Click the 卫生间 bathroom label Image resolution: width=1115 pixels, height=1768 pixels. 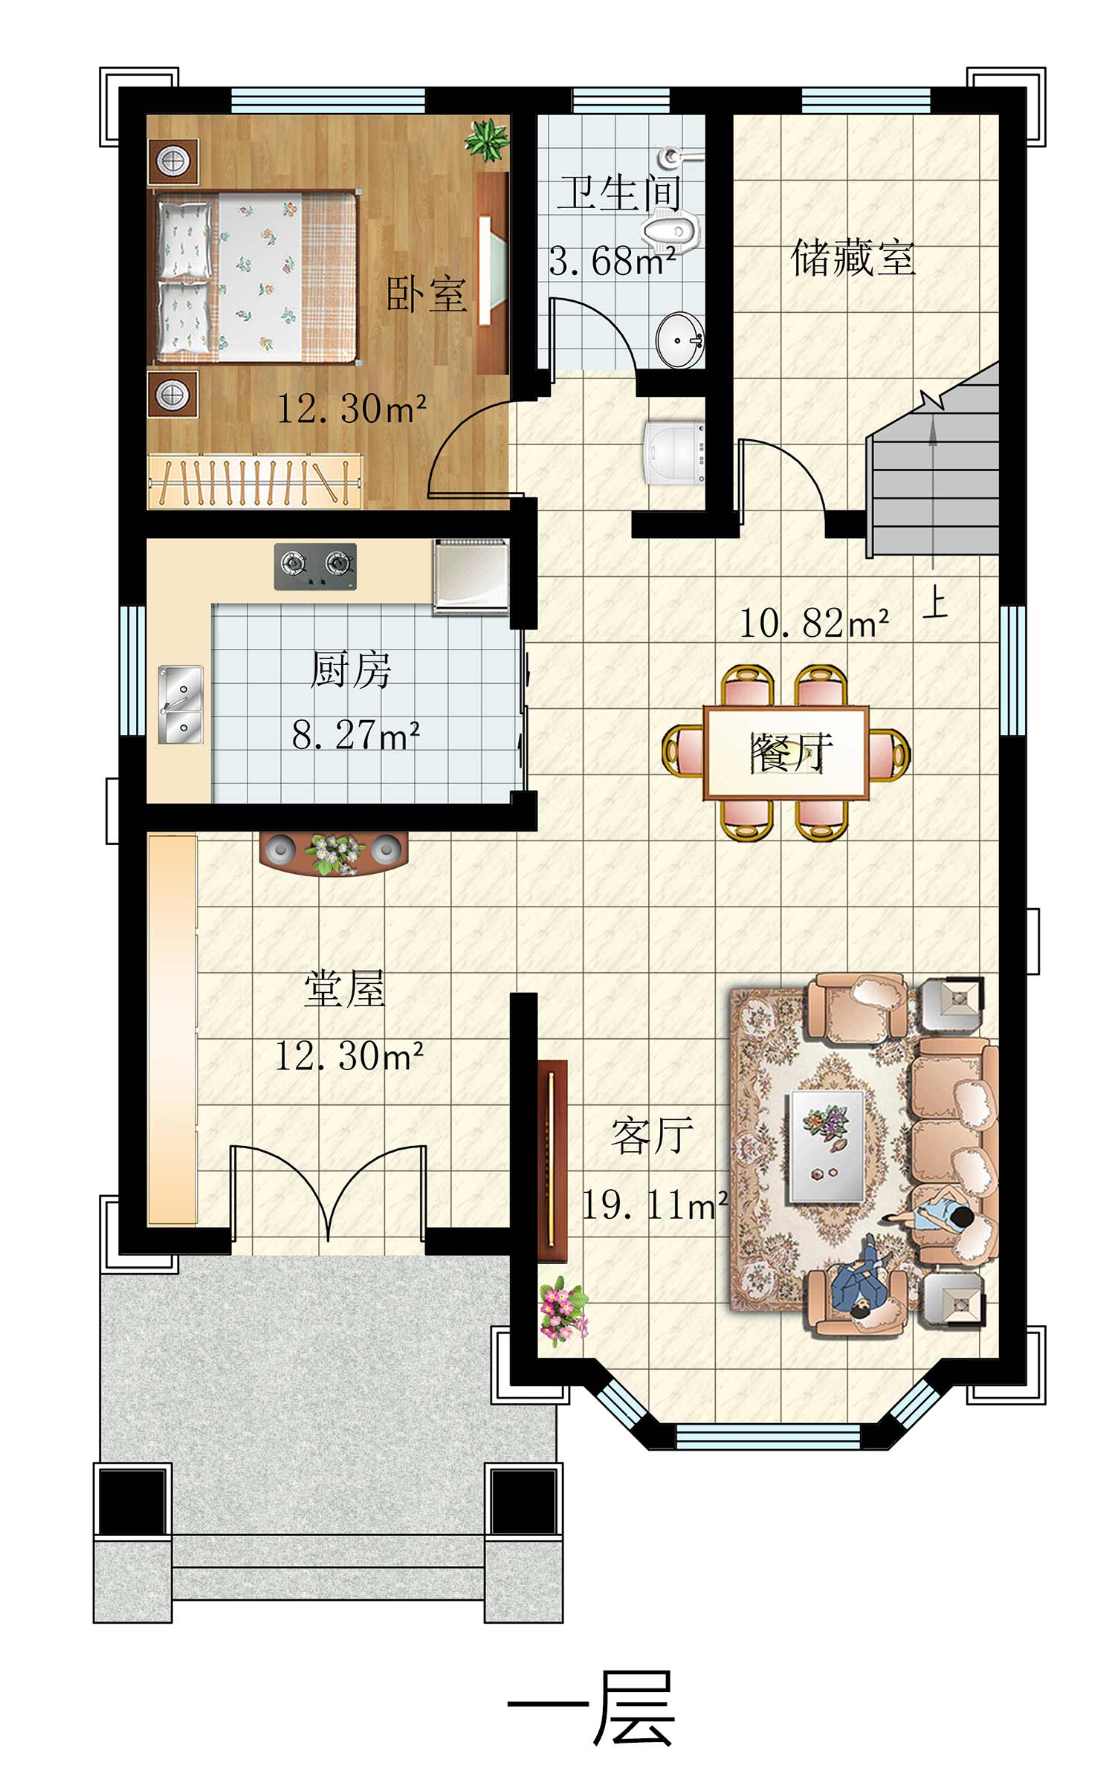[x=619, y=193]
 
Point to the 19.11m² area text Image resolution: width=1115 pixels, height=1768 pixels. [x=653, y=1205]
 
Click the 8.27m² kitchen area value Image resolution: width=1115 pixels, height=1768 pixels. [x=355, y=736]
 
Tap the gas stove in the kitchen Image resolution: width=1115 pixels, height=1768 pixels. [x=315, y=566]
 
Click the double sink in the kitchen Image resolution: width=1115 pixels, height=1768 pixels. [x=180, y=705]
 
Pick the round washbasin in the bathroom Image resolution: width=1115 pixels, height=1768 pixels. [x=679, y=340]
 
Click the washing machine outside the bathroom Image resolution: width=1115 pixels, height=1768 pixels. [x=673, y=453]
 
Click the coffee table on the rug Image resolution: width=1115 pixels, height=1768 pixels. [x=827, y=1146]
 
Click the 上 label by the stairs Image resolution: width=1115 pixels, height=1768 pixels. [x=935, y=602]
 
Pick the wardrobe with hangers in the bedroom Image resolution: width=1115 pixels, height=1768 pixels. [x=255, y=482]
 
